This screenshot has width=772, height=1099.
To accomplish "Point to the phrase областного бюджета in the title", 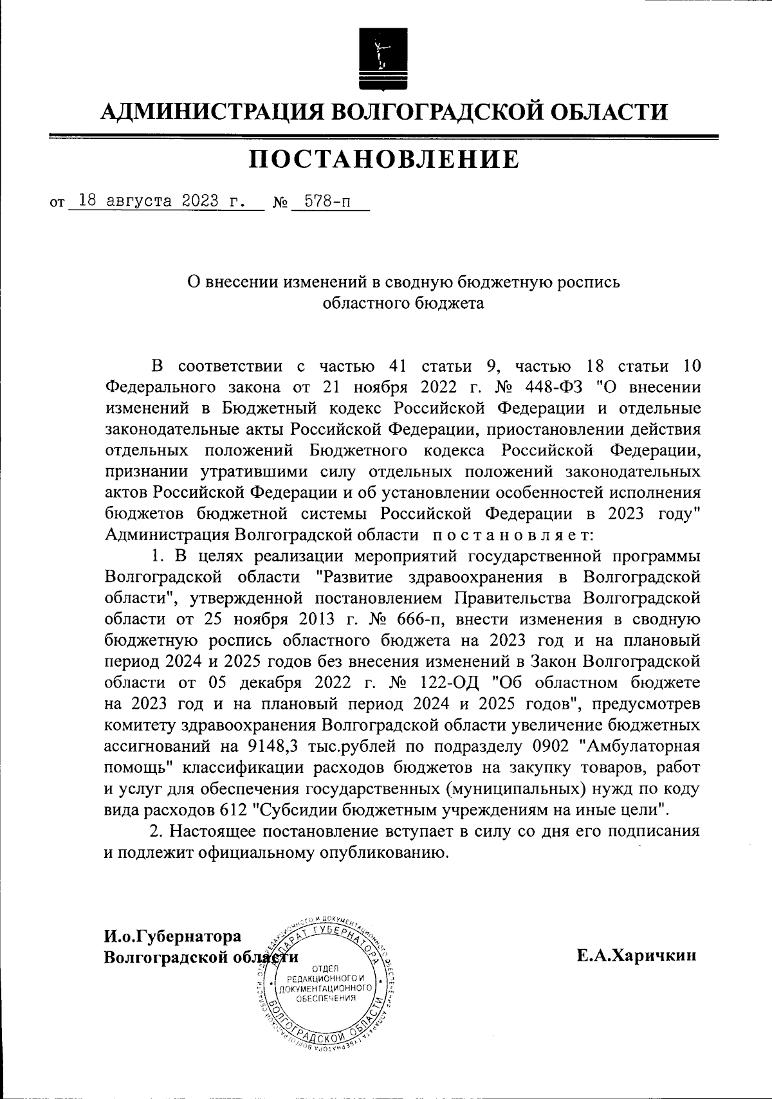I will [403, 303].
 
